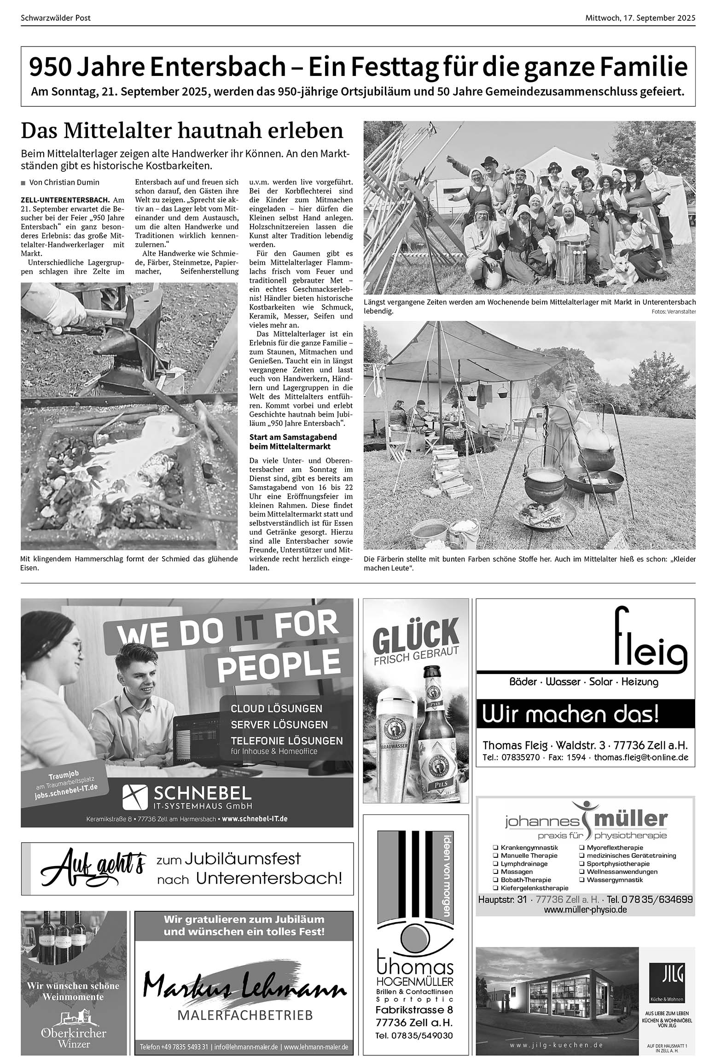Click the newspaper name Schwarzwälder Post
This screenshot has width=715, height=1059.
56,18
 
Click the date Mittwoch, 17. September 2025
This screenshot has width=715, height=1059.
640,18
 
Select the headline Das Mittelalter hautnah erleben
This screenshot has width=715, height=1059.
182,131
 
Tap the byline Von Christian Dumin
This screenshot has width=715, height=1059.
64,182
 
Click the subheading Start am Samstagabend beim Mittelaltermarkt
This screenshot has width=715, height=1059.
293,442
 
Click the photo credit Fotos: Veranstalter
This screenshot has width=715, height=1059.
674,312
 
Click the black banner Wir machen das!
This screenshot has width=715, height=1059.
585,715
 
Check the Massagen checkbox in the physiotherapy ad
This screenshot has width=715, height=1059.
495,872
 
